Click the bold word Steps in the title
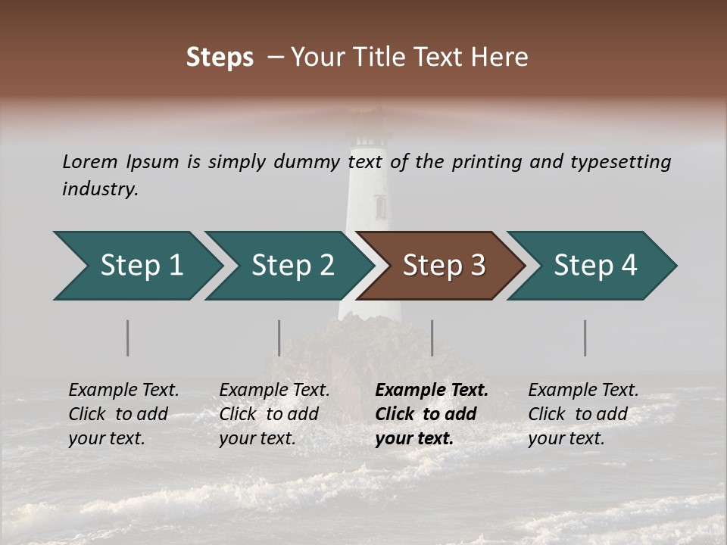[220, 58]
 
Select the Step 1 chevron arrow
[136, 266]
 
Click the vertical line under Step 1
[128, 338]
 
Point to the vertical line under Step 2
[279, 338]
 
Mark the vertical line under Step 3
[432, 338]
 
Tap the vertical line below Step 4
[585, 338]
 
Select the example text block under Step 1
[123, 414]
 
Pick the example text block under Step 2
[274, 414]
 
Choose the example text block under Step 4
[583, 414]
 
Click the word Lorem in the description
[89, 162]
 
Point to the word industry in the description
[99, 189]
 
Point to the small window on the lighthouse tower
[380, 206]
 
